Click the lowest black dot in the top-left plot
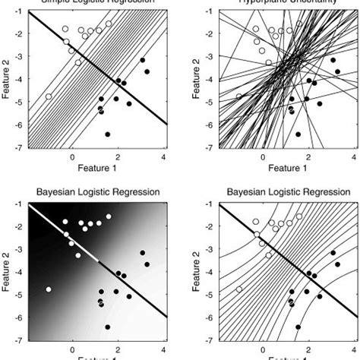click(107, 134)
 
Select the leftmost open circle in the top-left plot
click(49, 96)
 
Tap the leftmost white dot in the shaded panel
click(49, 289)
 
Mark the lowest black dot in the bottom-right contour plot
click(298, 327)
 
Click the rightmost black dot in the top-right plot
click(337, 71)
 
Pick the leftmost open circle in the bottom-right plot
click(239, 289)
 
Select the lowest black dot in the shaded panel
click(107, 327)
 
